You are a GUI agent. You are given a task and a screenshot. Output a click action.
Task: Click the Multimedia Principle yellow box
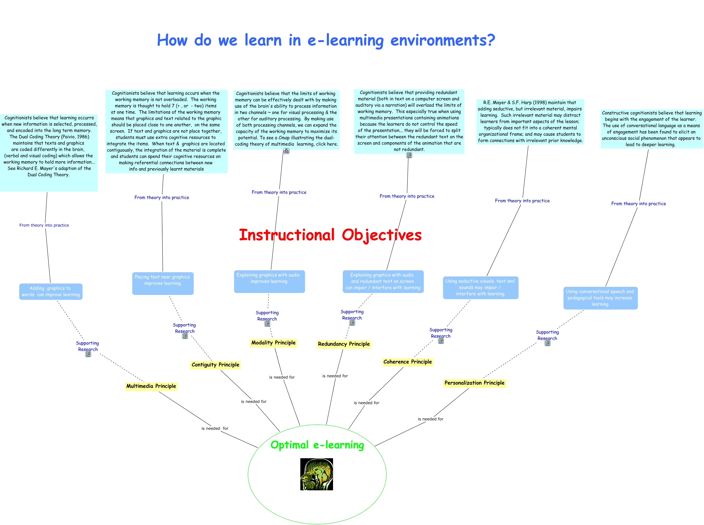[151, 386]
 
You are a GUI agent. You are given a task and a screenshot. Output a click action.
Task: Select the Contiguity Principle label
[215, 365]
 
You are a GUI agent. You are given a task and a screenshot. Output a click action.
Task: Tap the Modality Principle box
[273, 343]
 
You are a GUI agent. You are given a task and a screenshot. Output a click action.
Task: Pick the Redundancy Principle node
[344, 344]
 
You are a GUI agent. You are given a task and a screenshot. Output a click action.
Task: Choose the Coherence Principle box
[408, 362]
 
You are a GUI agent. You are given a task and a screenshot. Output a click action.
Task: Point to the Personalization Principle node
[474, 383]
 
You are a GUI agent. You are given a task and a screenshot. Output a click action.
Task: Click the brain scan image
[317, 474]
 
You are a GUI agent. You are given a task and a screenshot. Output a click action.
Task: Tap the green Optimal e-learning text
[317, 445]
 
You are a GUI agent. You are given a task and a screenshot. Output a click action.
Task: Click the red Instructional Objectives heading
[330, 235]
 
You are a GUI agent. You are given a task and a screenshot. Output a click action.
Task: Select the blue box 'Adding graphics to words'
[51, 291]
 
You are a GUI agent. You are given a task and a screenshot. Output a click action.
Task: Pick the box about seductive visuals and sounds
[480, 287]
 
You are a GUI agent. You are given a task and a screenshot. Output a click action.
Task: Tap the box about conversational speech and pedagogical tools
[600, 298]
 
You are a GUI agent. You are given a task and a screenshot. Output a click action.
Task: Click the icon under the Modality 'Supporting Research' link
[267, 324]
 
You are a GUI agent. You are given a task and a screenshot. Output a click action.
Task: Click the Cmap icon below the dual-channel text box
[286, 151]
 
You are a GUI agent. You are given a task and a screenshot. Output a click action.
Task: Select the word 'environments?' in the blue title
[443, 40]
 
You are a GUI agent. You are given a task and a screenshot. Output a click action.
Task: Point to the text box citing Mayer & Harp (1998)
[530, 122]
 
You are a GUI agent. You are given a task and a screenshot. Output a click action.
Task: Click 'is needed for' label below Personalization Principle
[431, 419]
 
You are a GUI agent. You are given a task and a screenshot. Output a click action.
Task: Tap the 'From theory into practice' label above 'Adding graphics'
[44, 225]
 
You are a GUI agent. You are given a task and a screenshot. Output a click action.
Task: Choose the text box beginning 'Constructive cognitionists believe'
[652, 129]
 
